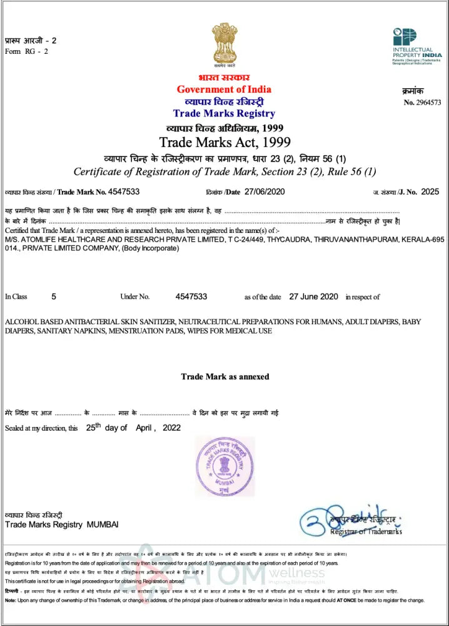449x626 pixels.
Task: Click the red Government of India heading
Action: (224, 89)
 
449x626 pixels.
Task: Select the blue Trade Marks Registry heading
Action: (224, 113)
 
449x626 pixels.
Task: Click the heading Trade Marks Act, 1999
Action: (224, 141)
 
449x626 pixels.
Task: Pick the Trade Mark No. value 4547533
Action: (124, 192)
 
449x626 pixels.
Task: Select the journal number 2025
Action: (430, 192)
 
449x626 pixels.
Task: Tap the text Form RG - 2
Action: (26, 51)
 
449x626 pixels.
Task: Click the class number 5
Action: (54, 297)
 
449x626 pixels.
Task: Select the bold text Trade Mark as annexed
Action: (224, 377)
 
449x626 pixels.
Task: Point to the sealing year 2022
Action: (171, 428)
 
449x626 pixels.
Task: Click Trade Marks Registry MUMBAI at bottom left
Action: (62, 524)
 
